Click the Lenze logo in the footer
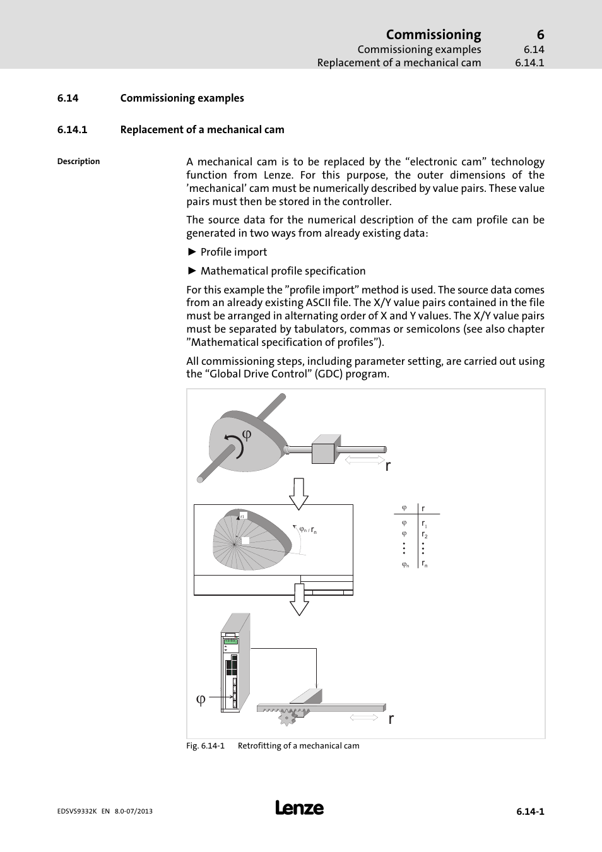[299, 808]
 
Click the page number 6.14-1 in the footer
[529, 812]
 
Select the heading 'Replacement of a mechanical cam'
[202, 129]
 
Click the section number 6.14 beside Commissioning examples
[68, 98]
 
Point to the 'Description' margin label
[78, 162]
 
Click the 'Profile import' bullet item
[233, 252]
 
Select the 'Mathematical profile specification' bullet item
[283, 271]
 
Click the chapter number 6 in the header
[540, 35]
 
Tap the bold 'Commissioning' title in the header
[433, 35]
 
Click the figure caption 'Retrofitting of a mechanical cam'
[298, 746]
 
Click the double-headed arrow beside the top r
[364, 459]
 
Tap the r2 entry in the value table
[424, 535]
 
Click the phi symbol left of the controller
[201, 699]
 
